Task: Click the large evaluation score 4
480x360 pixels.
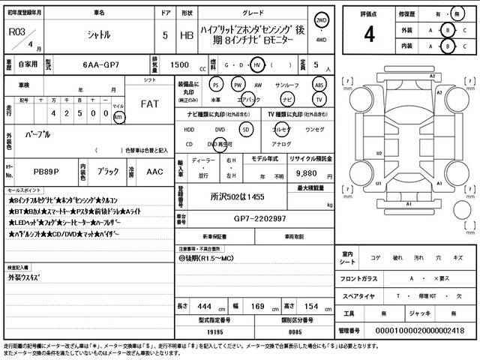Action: click(369, 34)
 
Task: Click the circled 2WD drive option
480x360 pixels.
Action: click(322, 20)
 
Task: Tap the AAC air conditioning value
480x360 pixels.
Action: click(154, 172)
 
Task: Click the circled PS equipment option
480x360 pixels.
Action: click(216, 85)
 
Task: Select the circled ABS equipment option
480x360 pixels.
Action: click(319, 85)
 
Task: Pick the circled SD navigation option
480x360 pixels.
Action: click(244, 128)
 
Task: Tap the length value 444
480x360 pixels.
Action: click(202, 307)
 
